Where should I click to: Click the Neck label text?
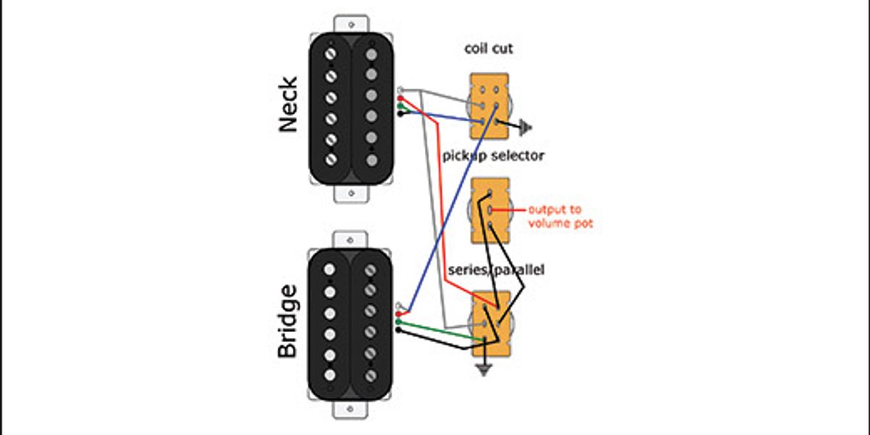pyautogui.click(x=288, y=104)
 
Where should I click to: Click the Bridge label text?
pyautogui.click(x=288, y=320)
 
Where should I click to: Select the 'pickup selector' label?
pyautogui.click(x=493, y=156)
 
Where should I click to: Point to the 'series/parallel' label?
pyautogui.click(x=496, y=270)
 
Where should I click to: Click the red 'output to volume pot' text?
pyautogui.click(x=560, y=217)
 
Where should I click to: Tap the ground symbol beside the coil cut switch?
pyautogui.click(x=526, y=129)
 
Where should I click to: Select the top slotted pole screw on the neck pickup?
pyautogui.click(x=331, y=54)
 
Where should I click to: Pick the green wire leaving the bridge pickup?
pyautogui.click(x=435, y=328)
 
